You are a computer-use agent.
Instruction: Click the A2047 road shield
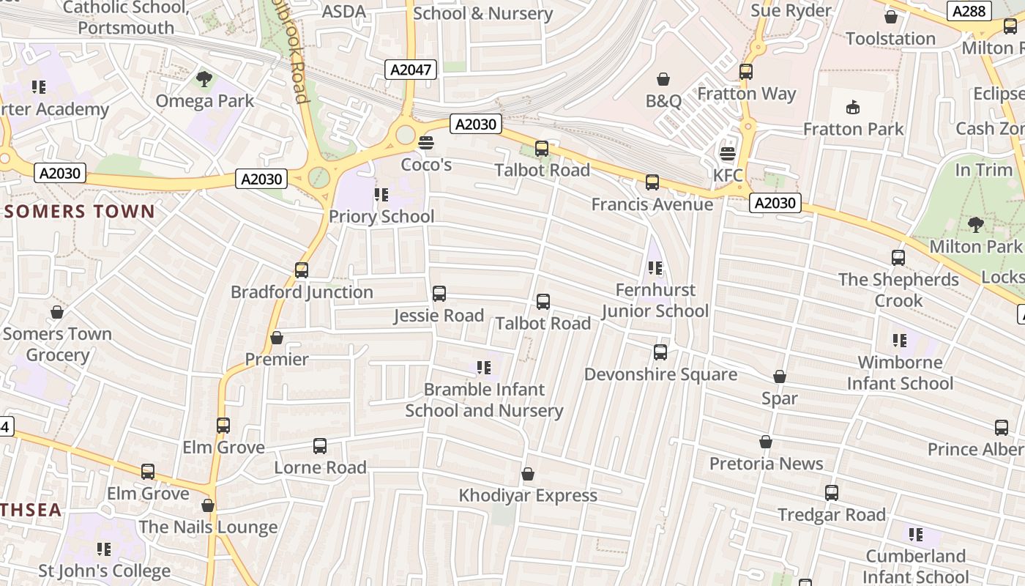(411, 70)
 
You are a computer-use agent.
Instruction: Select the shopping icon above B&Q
(663, 79)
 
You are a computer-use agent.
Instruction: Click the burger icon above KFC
(727, 154)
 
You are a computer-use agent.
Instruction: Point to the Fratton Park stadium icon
(853, 108)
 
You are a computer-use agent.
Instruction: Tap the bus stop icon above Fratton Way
(746, 72)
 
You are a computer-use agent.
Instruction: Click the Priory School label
(381, 216)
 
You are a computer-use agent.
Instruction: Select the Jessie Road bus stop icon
(439, 294)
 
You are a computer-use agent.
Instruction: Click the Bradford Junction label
(302, 292)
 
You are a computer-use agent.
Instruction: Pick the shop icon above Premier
(277, 338)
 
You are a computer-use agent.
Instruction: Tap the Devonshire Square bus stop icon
(660, 352)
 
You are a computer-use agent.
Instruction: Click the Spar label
(780, 398)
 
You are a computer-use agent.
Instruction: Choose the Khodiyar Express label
(528, 496)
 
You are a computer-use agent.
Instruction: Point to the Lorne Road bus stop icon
(320, 446)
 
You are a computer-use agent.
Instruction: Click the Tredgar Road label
(832, 515)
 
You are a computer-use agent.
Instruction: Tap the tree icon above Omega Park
(204, 79)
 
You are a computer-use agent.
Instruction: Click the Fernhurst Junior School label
(655, 300)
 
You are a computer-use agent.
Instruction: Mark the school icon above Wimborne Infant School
(900, 341)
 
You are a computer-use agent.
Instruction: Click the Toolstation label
(891, 39)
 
